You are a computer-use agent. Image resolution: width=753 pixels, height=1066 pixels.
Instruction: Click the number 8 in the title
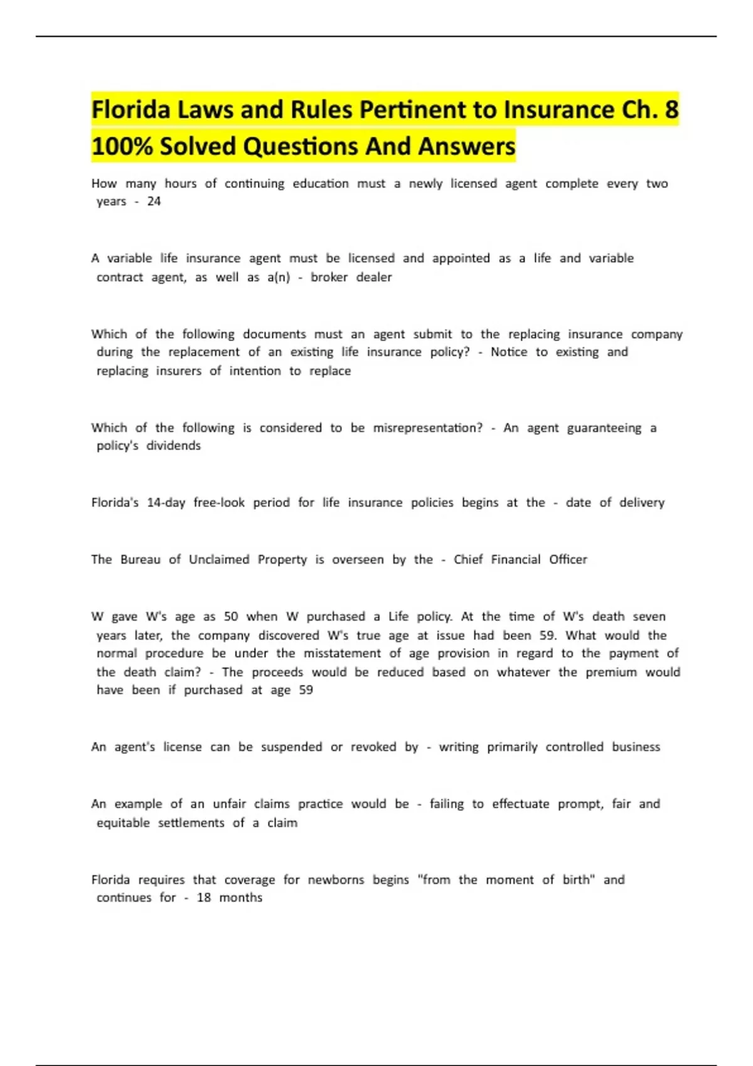[x=671, y=110]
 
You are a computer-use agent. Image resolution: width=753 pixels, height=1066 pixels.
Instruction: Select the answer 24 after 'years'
[x=154, y=201]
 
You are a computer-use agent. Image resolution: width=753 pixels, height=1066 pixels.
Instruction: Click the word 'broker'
[x=329, y=277]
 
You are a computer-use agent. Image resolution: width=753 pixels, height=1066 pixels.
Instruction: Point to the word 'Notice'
[x=509, y=352]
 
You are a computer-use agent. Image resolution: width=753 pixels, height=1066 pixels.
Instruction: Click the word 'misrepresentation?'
[x=428, y=428]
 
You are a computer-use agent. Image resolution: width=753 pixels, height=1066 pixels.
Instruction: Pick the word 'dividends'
[x=173, y=446]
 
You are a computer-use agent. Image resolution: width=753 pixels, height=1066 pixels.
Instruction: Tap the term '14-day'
[x=166, y=502]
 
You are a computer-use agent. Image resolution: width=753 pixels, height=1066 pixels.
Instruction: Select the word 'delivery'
[x=641, y=502]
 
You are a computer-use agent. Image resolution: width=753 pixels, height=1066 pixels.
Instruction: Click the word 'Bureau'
[x=141, y=559]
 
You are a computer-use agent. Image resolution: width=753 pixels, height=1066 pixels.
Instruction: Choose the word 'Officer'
[x=568, y=559]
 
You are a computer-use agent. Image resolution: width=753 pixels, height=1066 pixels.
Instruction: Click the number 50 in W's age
[x=231, y=616]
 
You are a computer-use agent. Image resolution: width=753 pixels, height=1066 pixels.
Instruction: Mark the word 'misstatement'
[x=342, y=653]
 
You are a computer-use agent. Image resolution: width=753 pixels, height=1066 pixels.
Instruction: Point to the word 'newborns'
[x=336, y=880]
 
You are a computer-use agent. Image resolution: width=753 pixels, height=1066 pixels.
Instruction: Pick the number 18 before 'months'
[x=204, y=898]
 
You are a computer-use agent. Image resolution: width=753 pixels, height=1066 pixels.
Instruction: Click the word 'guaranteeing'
[x=604, y=428]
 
